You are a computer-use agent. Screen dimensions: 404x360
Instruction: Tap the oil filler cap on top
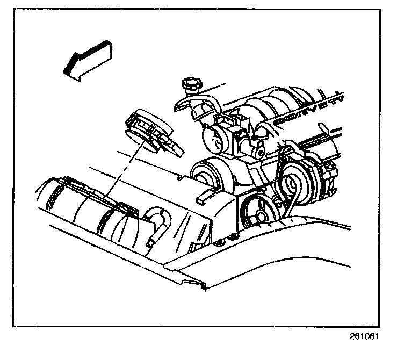(x=191, y=84)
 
